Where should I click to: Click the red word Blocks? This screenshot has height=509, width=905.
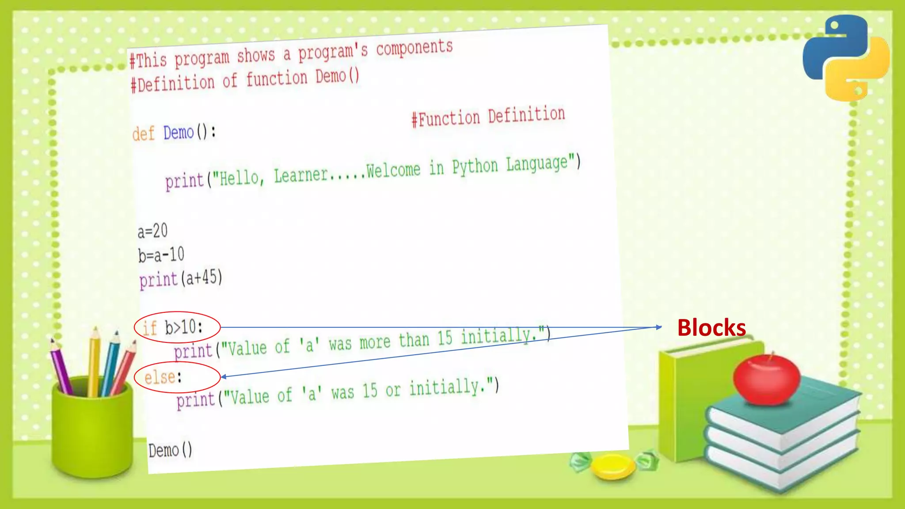pyautogui.click(x=711, y=328)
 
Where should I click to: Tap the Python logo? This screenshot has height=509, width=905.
pyautogui.click(x=845, y=57)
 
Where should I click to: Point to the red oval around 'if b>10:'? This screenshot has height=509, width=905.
pyautogui.click(x=177, y=327)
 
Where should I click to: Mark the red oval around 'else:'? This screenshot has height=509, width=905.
pyautogui.click(x=177, y=377)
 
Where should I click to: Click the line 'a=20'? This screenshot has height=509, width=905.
pyautogui.click(x=152, y=231)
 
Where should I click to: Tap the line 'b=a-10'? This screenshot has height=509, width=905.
pyautogui.click(x=161, y=255)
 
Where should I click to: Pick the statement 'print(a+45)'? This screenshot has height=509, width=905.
pyautogui.click(x=181, y=279)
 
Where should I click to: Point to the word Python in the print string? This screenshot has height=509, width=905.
pyautogui.click(x=475, y=167)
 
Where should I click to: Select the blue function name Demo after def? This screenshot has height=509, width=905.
pyautogui.click(x=179, y=132)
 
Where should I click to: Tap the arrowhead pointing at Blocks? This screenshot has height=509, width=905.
pyautogui.click(x=658, y=327)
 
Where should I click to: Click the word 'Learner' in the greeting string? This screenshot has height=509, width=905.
pyautogui.click(x=300, y=175)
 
